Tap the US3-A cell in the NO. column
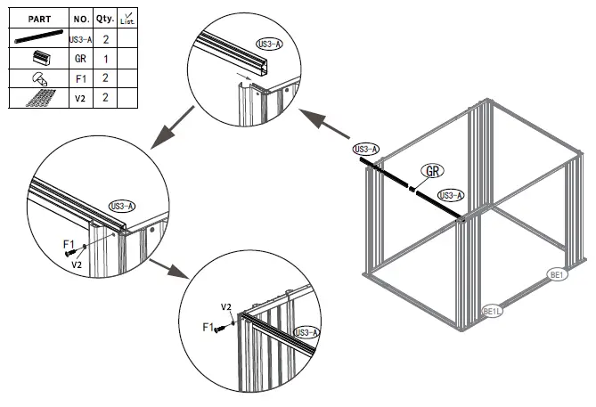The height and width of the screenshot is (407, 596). click(79, 38)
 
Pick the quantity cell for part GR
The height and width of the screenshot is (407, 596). click(104, 58)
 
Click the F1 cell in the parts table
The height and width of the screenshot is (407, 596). click(79, 77)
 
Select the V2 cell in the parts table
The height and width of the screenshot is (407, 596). click(79, 97)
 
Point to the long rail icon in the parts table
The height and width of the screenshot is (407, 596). click(37, 38)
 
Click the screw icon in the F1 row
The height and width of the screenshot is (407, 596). click(37, 78)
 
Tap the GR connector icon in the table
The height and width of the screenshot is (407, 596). click(37, 58)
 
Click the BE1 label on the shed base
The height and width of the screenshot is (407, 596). click(558, 275)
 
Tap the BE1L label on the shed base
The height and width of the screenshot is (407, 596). click(493, 311)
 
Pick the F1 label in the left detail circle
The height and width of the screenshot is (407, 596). click(68, 243)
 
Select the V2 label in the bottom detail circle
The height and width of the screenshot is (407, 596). click(226, 307)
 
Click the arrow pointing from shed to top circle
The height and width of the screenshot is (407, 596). click(322, 126)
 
